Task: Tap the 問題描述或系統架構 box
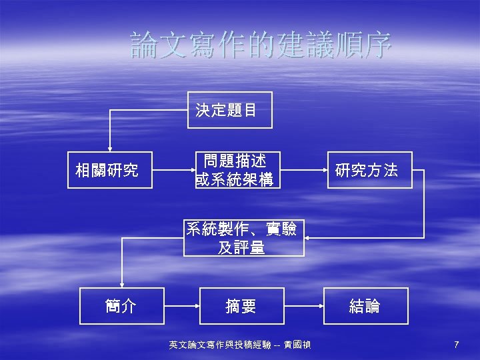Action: coord(234,170)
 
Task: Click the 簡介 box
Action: coord(121,306)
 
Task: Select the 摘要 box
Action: coord(241,306)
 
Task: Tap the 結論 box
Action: coord(365,306)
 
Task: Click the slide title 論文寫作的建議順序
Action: coord(261,45)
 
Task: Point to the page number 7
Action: coord(456,345)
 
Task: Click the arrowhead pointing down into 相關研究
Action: coord(109,149)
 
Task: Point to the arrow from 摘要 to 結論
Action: coord(303,306)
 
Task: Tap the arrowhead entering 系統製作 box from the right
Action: coord(309,237)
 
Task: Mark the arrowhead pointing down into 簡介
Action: coord(121,283)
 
